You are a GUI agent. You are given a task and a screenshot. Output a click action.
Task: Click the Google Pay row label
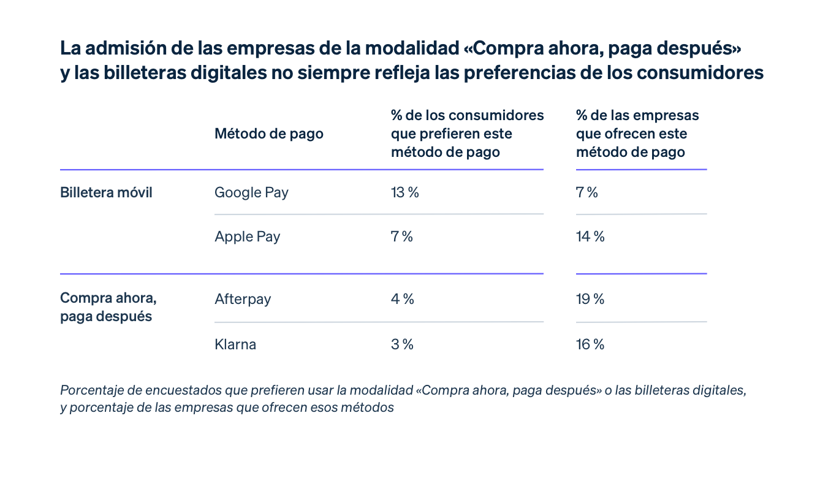tap(251, 192)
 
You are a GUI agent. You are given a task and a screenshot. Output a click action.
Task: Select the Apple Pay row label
tap(247, 237)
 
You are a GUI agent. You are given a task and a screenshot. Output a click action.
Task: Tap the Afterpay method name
tap(243, 300)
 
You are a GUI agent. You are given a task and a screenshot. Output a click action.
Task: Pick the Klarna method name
tap(235, 344)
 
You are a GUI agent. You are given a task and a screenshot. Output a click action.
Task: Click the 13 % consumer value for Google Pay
tap(404, 192)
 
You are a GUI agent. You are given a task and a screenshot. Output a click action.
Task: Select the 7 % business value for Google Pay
tap(587, 192)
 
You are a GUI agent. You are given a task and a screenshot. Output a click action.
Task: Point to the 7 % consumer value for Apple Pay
tap(401, 237)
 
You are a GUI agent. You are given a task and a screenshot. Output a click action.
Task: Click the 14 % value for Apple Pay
tap(590, 237)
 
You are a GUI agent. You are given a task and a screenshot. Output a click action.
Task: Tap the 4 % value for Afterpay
tap(402, 300)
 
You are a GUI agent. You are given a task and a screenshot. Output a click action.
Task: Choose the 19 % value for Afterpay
tap(590, 300)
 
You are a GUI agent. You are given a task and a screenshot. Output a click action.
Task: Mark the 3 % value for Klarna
tap(402, 344)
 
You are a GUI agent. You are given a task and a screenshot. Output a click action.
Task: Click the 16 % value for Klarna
tap(590, 344)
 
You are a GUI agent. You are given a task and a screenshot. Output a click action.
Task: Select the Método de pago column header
tap(268, 134)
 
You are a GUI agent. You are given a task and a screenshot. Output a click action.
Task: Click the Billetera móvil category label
tap(106, 192)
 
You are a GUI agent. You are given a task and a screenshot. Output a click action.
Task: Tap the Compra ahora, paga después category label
tap(108, 308)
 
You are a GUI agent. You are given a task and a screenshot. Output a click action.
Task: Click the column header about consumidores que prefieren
tap(467, 134)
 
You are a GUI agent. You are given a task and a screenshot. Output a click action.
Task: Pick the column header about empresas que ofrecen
tap(637, 134)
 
